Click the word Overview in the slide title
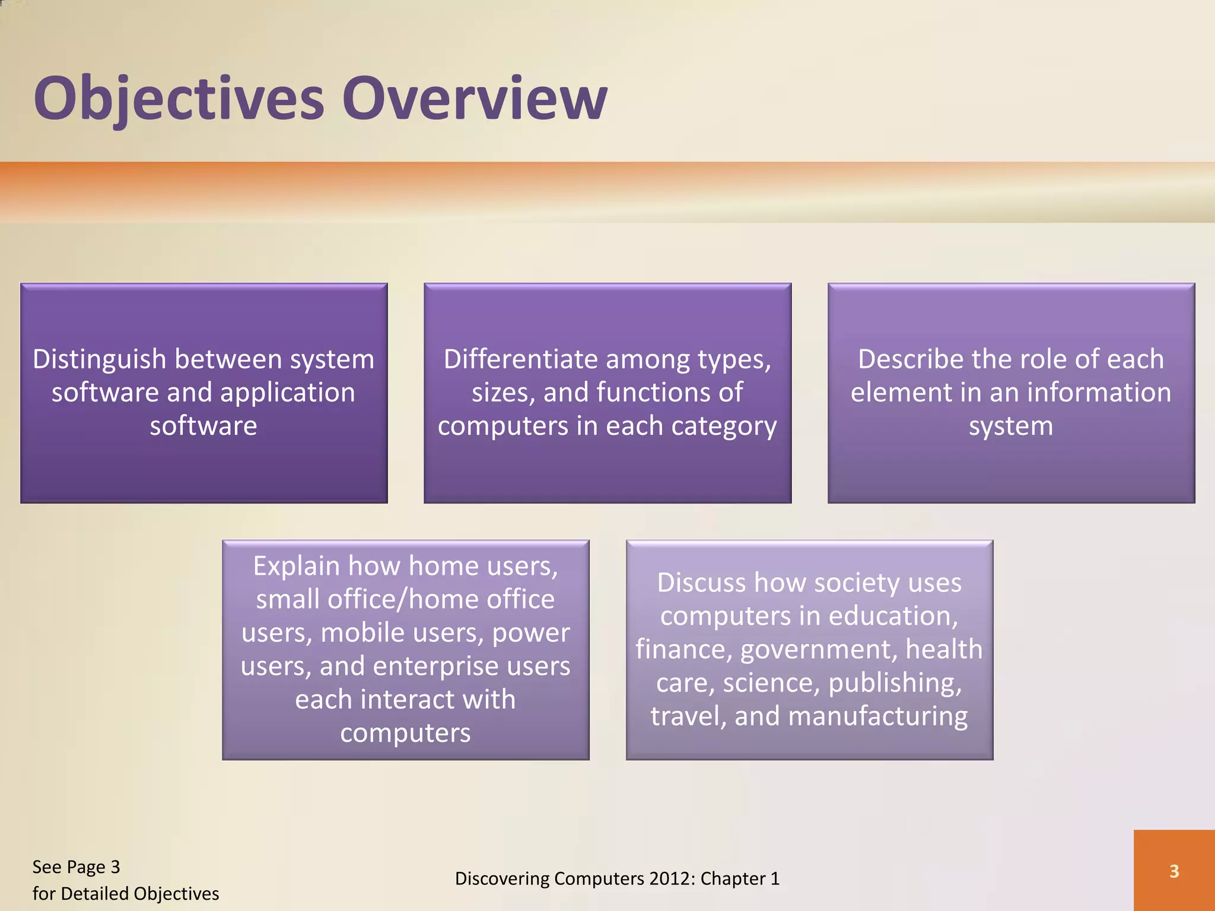point(475,98)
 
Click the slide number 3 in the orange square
point(1174,871)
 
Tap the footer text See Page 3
point(76,867)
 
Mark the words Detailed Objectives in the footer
point(139,894)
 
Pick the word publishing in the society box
point(895,683)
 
